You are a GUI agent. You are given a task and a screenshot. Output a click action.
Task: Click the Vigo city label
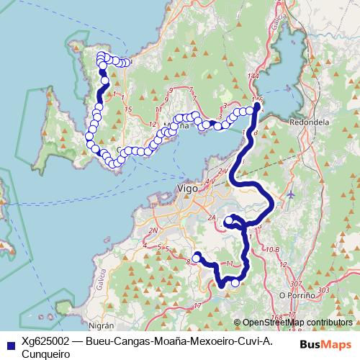186,189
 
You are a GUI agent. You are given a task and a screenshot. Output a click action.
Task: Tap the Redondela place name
309,122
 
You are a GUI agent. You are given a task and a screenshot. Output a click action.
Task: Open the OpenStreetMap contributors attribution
297,323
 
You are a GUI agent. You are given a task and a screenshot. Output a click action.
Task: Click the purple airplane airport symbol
290,194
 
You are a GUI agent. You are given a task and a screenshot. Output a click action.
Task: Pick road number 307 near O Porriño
296,284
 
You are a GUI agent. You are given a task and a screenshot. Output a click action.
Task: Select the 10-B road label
272,249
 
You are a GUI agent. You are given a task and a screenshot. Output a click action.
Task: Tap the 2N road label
152,230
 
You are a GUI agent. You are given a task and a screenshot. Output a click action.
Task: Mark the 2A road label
212,215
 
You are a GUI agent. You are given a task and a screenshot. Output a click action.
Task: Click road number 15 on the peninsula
128,109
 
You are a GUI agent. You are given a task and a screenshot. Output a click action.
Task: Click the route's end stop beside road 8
196,257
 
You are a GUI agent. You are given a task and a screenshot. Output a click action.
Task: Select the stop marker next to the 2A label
228,220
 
